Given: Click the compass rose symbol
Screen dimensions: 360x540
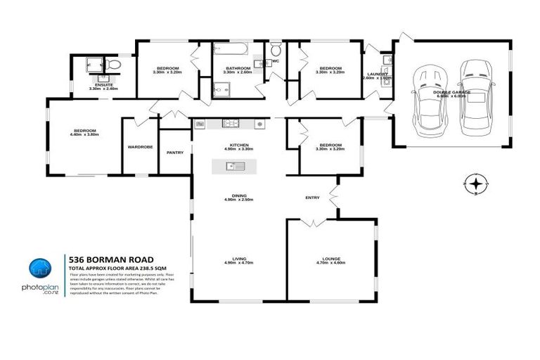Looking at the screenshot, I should [x=476, y=184].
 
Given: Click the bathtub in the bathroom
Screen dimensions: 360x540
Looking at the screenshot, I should [x=230, y=51].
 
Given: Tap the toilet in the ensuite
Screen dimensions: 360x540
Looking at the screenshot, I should [x=116, y=65].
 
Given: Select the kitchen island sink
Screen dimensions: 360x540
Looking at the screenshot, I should [x=230, y=167].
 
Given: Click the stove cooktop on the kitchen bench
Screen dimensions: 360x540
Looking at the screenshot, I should [x=259, y=124].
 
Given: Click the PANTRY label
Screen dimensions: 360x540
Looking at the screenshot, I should [x=175, y=152].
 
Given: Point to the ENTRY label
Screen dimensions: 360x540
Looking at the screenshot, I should [x=312, y=198].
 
